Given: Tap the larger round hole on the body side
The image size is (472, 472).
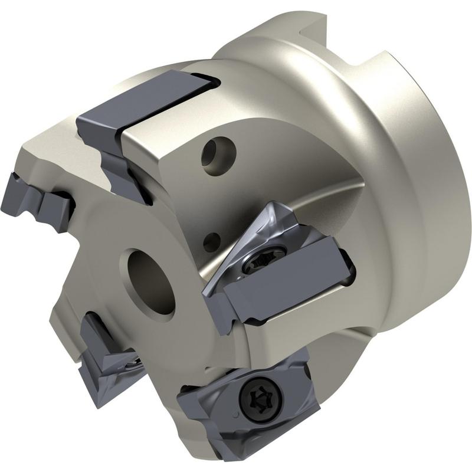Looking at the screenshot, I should coord(215,152).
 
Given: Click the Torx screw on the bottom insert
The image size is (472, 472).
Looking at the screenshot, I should coord(260,399).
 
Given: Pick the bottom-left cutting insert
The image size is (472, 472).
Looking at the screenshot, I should coord(106,354).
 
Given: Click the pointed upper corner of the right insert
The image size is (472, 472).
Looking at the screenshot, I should coord(274,206).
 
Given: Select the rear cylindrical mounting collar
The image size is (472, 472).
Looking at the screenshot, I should coord(413,177).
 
